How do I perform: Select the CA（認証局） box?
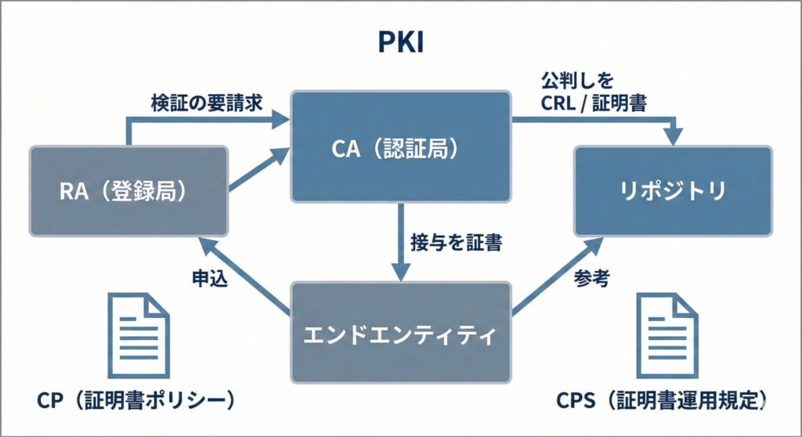400,146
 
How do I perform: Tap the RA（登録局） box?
128,190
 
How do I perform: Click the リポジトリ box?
673,190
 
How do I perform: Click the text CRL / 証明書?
593,103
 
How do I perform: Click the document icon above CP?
138,334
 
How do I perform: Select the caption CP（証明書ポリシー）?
136,400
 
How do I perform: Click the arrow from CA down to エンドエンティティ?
402,243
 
